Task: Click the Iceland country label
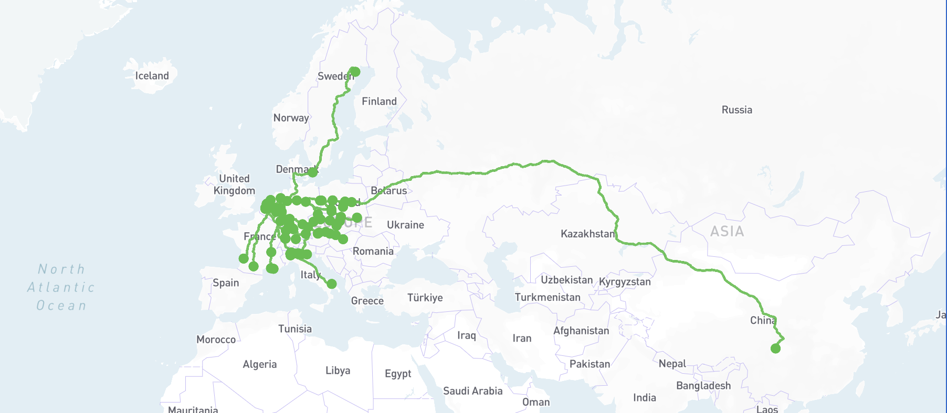pos(152,76)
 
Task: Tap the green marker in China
pos(775,348)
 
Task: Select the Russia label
pos(736,110)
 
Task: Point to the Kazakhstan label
pos(587,234)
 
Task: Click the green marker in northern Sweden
pos(355,72)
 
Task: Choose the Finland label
pos(379,102)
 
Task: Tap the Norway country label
pos(291,118)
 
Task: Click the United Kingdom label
pos(234,184)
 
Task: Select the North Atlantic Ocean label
pos(61,287)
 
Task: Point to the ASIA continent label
pos(727,231)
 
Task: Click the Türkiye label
pos(425,298)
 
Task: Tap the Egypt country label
pos(397,374)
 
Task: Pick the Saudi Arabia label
pos(472,391)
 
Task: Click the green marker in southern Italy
pos(331,284)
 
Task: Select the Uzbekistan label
pos(566,280)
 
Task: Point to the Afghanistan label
pos(581,331)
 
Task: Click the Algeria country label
pos(259,364)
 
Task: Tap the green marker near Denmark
pos(313,172)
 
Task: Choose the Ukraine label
pos(405,225)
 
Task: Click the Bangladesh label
pos(703,386)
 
